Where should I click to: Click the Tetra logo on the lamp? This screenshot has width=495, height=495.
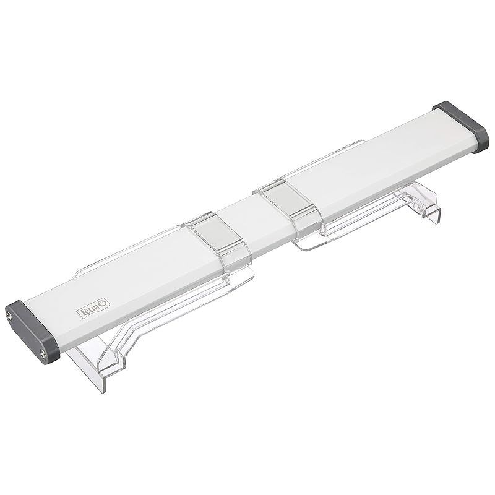(94, 308)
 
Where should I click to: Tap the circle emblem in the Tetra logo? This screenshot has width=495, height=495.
(105, 304)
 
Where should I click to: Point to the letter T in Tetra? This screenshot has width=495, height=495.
(82, 314)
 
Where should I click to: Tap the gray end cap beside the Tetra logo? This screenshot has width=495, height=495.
(32, 331)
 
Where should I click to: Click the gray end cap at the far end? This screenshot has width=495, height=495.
(461, 127)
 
